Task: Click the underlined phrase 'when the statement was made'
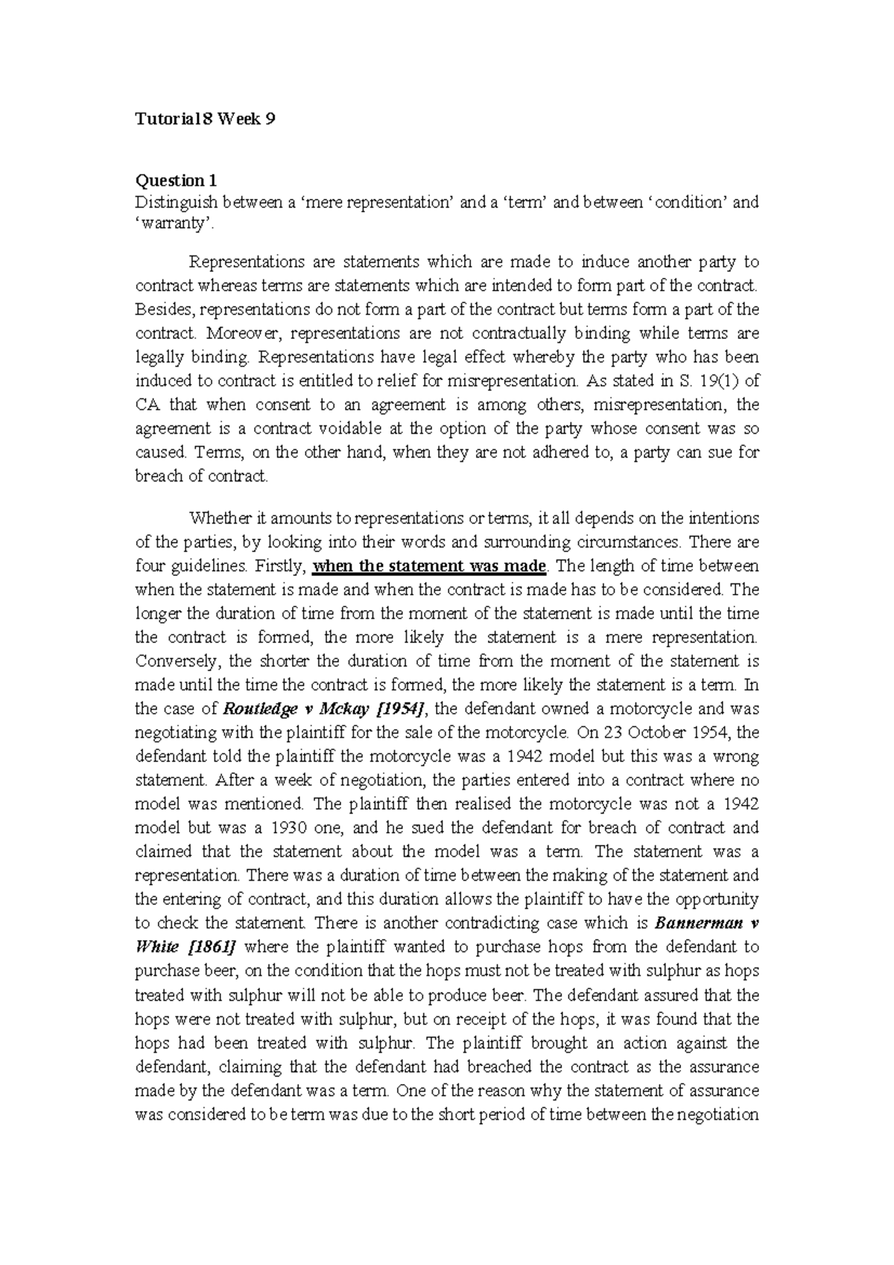click(430, 565)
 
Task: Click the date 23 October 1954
click(667, 732)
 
